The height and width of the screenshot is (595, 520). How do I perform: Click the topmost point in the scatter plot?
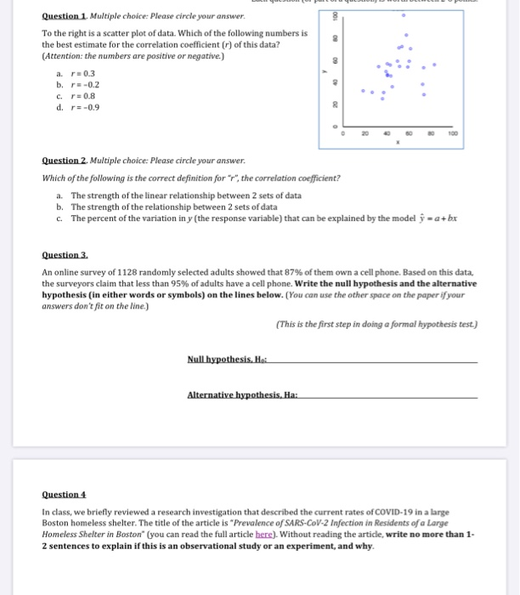404,14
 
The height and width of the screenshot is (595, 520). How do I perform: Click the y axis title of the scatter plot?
323,71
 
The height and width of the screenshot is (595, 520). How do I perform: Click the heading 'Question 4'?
65,495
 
